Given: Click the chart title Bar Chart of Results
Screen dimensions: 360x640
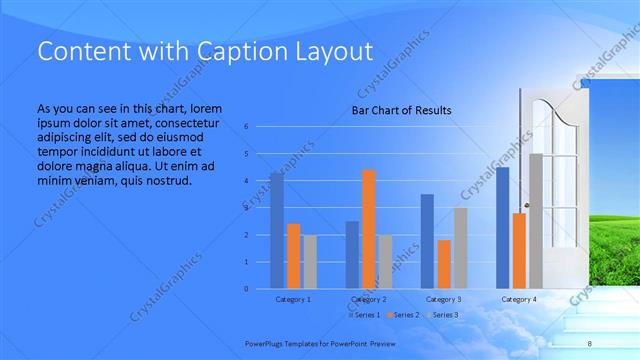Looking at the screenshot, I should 401,110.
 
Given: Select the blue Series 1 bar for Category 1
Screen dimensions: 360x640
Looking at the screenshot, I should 277,230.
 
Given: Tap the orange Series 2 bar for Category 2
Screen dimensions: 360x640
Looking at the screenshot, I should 368,229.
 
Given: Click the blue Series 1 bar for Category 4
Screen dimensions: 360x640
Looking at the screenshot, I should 502,228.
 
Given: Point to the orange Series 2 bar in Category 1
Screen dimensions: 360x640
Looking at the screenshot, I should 293,256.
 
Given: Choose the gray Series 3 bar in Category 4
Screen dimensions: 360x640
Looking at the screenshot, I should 536,221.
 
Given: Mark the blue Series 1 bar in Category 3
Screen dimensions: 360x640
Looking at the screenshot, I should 427,241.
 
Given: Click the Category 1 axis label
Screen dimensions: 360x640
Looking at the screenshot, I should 293,299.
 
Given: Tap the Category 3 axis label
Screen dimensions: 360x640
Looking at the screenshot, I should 444,299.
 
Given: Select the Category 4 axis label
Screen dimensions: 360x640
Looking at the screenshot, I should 519,299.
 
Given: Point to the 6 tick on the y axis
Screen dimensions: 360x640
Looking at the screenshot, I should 247,127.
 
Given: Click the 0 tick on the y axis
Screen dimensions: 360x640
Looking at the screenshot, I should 247,289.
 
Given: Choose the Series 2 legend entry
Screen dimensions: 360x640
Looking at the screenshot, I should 405,315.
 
